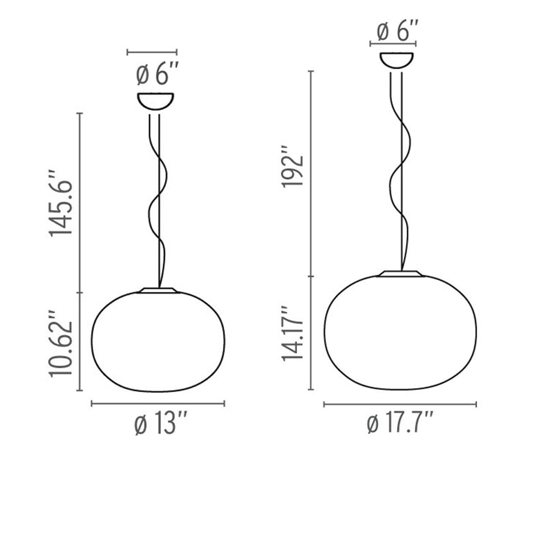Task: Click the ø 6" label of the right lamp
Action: click(398, 32)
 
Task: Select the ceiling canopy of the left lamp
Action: click(155, 100)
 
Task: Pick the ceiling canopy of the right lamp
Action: click(397, 60)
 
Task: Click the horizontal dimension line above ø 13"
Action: click(158, 404)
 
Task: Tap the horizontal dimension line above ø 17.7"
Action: click(400, 405)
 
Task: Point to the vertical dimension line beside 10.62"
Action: click(80, 342)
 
